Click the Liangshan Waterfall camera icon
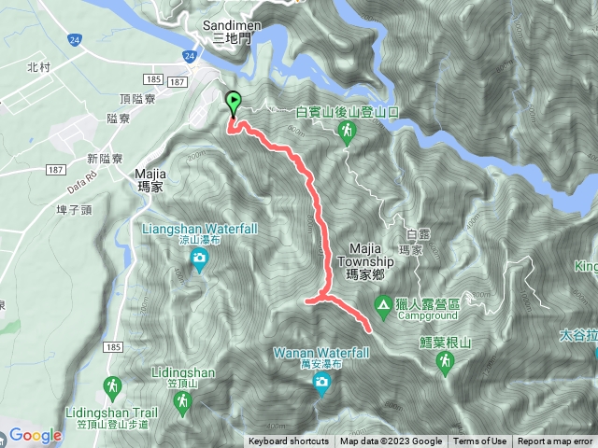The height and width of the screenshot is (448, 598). pyautogui.click(x=198, y=266)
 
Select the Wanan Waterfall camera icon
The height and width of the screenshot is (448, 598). pyautogui.click(x=322, y=384)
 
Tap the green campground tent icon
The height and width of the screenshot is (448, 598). pyautogui.click(x=383, y=304)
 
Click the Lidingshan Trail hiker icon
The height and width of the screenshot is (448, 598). pyautogui.click(x=112, y=385)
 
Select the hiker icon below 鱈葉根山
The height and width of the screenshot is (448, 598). pyautogui.click(x=445, y=361)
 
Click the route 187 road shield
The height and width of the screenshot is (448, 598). pyautogui.click(x=56, y=168)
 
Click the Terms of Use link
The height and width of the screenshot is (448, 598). pyautogui.click(x=479, y=441)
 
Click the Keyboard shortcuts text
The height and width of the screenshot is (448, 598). pyautogui.click(x=288, y=441)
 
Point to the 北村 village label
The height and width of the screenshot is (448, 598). pyautogui.click(x=38, y=67)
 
